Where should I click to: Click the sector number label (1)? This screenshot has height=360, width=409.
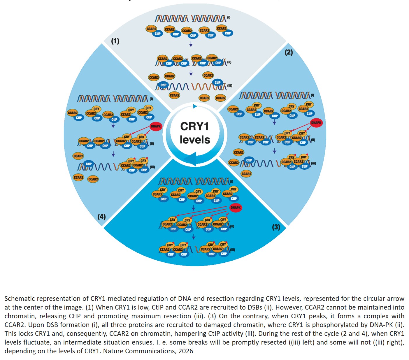115,41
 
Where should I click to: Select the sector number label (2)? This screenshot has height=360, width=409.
289,52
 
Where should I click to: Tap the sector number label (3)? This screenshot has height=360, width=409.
276,227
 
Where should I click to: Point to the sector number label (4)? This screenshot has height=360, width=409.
101,217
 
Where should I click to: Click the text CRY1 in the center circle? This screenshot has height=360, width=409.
194,127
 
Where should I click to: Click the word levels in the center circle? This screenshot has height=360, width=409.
195,140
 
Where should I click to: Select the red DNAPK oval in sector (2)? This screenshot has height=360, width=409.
316,123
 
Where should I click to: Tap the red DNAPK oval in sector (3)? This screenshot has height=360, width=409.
235,208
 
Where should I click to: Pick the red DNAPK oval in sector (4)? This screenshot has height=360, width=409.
156,126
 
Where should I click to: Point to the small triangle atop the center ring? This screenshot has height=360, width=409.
195,106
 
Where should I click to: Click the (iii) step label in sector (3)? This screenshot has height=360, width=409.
232,250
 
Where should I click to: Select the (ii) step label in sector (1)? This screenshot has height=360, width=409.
229,62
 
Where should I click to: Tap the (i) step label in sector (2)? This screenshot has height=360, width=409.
313,95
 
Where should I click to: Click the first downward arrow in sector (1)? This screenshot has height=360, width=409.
191,44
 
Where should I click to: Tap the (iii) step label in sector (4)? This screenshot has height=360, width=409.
152,167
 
